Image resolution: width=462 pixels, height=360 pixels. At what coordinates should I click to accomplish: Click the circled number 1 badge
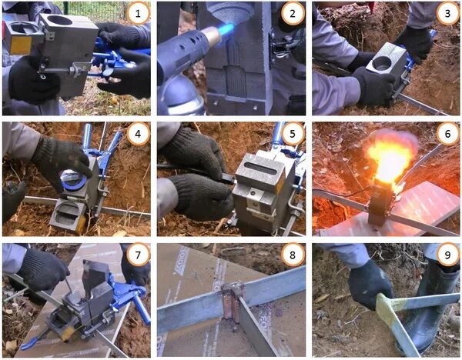pyautogui.click(x=138, y=13)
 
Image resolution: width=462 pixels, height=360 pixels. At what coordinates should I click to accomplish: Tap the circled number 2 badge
pyautogui.click(x=293, y=13)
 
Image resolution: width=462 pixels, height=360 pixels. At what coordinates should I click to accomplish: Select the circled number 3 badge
pyautogui.click(x=447, y=13)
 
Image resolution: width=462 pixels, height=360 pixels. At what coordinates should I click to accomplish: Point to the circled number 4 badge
pyautogui.click(x=138, y=134)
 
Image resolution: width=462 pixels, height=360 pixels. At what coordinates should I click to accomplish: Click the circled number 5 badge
pyautogui.click(x=293, y=134)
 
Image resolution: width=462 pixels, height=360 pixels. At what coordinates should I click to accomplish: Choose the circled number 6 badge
pyautogui.click(x=447, y=134)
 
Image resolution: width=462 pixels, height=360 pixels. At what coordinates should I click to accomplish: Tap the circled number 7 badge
pyautogui.click(x=138, y=255)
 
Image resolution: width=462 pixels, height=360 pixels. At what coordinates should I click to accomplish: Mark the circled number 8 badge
pyautogui.click(x=293, y=255)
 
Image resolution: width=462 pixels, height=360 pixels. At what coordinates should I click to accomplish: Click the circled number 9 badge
pyautogui.click(x=447, y=255)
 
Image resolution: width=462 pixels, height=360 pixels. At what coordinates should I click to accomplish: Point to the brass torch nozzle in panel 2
pyautogui.click(x=212, y=35)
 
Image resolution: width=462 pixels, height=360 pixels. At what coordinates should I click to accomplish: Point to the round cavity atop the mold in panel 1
pyautogui.click(x=60, y=21)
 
